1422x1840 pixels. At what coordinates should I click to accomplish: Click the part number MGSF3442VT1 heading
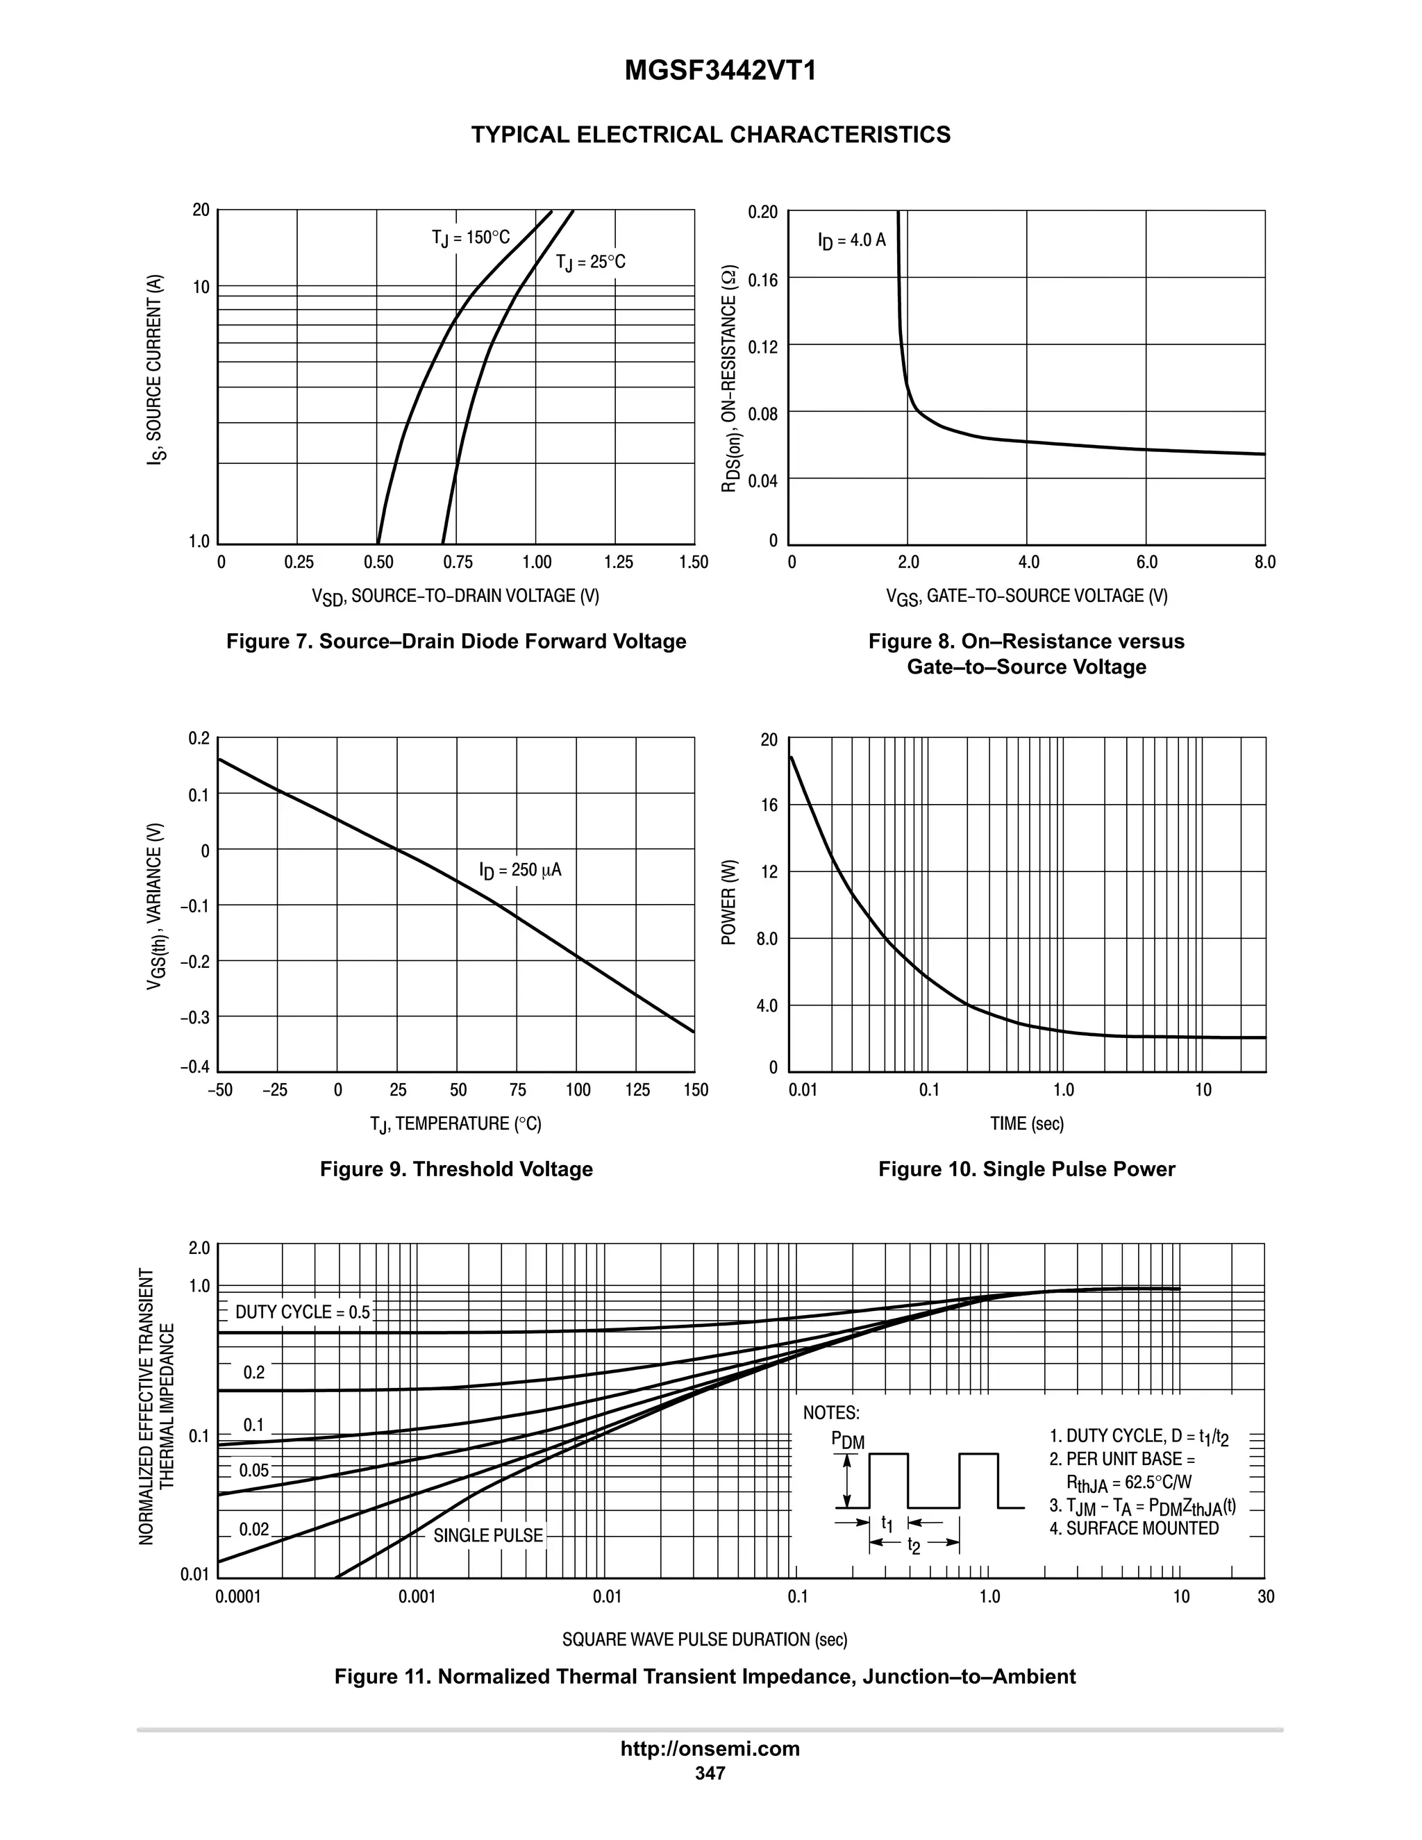tap(720, 72)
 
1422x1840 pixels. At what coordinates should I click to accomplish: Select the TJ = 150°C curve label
tap(470, 237)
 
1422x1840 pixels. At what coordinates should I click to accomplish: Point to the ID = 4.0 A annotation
tap(852, 240)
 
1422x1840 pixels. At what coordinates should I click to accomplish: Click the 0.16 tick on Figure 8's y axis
tap(762, 279)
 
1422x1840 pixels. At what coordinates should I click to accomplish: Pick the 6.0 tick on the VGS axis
tap(1146, 562)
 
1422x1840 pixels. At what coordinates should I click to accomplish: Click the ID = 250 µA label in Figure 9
tap(520, 870)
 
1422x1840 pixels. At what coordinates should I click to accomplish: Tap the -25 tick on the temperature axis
tap(275, 1090)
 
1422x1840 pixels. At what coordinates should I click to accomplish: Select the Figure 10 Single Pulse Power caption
tap(1026, 1169)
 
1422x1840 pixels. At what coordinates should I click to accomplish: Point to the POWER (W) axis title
tap(730, 903)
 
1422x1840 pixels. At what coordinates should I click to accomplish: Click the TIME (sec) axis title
tap(1027, 1123)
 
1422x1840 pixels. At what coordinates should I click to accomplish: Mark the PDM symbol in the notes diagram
tap(848, 1441)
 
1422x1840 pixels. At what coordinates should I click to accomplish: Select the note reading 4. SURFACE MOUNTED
tap(1134, 1528)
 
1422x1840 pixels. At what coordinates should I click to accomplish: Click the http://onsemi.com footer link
tap(710, 1748)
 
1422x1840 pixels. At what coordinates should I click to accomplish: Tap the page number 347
tap(710, 1773)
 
